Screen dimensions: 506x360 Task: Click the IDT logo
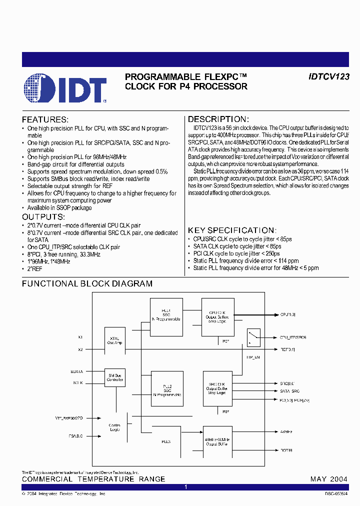click(65, 89)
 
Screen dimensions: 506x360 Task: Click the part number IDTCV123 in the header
click(328, 77)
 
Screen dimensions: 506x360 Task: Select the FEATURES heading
click(45, 120)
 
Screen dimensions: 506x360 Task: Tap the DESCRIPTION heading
click(218, 119)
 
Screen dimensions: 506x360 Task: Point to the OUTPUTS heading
click(43, 217)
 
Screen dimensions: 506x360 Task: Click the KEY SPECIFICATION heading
click(231, 230)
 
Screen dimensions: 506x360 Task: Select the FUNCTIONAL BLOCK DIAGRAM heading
click(87, 284)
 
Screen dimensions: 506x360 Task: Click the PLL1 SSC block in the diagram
click(166, 314)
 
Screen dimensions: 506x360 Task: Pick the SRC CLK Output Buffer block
click(217, 388)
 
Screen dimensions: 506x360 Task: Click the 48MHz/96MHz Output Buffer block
click(217, 440)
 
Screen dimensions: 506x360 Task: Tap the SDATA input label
click(77, 372)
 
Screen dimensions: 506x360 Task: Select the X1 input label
click(80, 337)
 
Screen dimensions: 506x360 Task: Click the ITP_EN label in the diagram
click(253, 358)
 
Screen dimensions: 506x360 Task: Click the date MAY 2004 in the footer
click(328, 479)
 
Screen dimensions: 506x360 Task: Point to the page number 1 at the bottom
click(185, 486)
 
